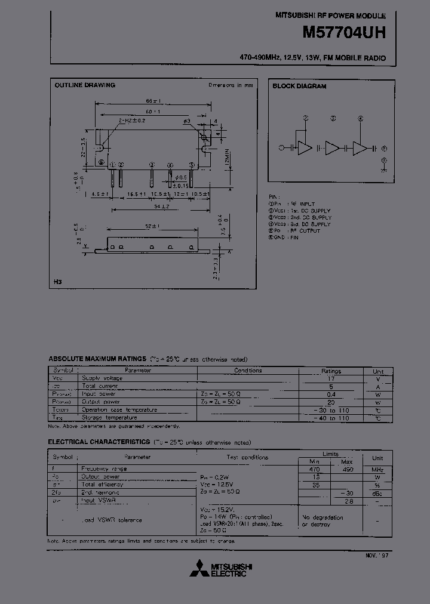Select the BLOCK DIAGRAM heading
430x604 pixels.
pos(299,87)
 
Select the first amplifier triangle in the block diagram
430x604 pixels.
pos(305,148)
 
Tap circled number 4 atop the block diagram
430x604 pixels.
pos(360,118)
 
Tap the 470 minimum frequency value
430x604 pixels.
pos(314,469)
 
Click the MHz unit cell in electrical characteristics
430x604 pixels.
pos(377,469)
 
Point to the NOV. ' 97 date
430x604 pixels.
pos(377,555)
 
